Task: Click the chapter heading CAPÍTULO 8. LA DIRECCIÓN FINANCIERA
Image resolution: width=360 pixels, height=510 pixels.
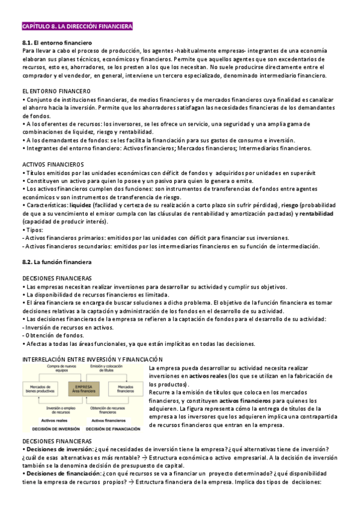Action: pyautogui.click(x=78, y=26)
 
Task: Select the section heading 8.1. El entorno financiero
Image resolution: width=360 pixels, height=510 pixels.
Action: pyautogui.click(x=56, y=43)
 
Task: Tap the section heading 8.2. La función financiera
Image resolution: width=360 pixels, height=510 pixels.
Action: pyautogui.click(x=56, y=262)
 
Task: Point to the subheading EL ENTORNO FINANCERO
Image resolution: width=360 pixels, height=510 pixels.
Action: pyautogui.click(x=56, y=91)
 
